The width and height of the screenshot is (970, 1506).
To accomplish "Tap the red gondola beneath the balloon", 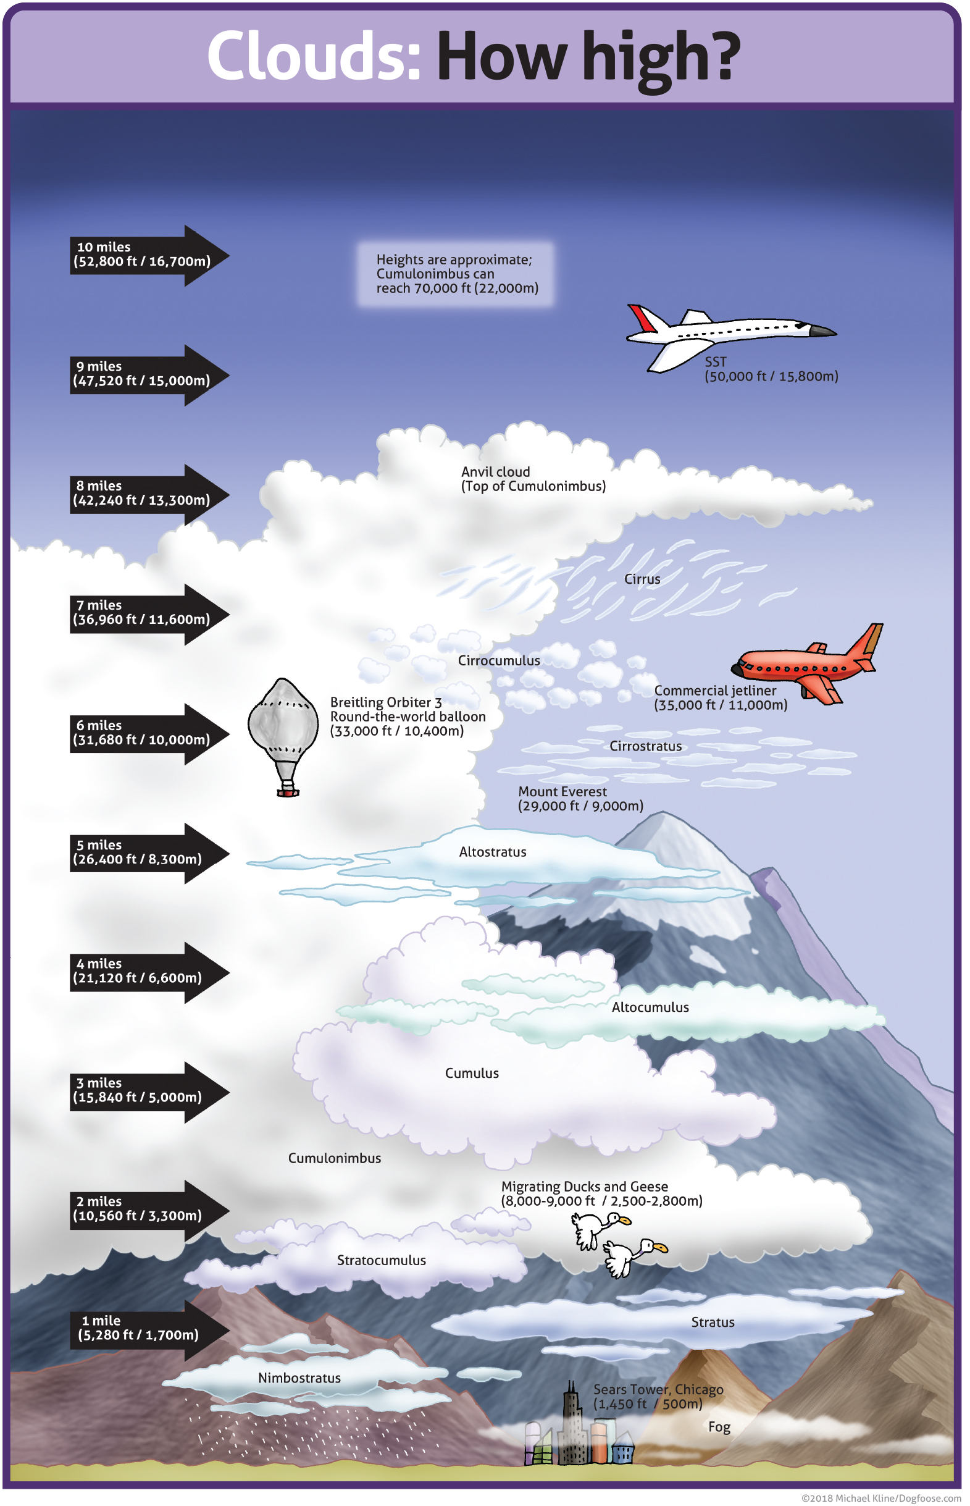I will pyautogui.click(x=288, y=792).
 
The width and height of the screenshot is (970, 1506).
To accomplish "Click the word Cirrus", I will pyautogui.click(x=642, y=579).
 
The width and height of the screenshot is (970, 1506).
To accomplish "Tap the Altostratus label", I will pyautogui.click(x=493, y=852).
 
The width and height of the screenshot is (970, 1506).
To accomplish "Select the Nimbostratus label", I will pyautogui.click(x=299, y=1378).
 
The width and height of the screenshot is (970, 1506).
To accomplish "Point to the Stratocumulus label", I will pyautogui.click(x=381, y=1260).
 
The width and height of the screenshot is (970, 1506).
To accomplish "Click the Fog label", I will pyautogui.click(x=719, y=1427).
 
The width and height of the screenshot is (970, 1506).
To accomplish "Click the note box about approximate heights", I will pyautogui.click(x=456, y=274).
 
